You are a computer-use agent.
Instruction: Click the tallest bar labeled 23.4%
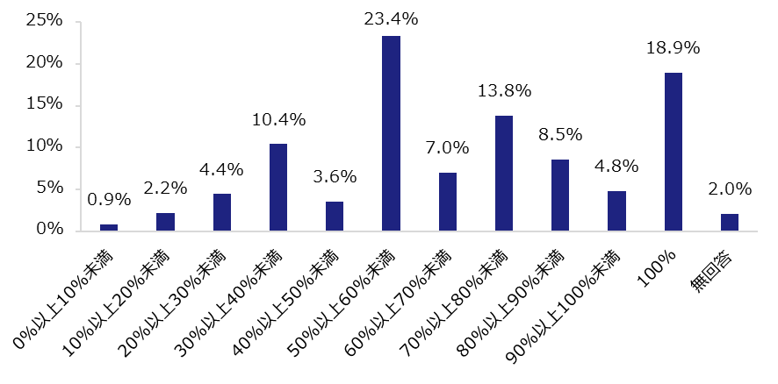[x=391, y=133]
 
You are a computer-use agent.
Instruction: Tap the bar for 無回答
[x=729, y=223]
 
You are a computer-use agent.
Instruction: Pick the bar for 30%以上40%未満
[x=277, y=187]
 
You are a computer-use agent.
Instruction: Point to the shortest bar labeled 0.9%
[x=109, y=227]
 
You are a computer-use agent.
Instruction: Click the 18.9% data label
[x=673, y=49]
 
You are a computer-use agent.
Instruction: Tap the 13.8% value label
[x=504, y=91]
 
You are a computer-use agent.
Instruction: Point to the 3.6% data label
[x=335, y=177]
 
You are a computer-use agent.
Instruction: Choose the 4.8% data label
[x=616, y=167]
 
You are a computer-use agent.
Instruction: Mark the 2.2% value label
[x=165, y=188]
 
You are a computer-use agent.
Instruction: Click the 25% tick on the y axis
[x=43, y=21]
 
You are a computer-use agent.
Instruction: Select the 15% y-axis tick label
[x=43, y=105]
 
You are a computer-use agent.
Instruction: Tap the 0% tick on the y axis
[x=47, y=231]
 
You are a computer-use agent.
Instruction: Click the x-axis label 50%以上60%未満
[x=357, y=292]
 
